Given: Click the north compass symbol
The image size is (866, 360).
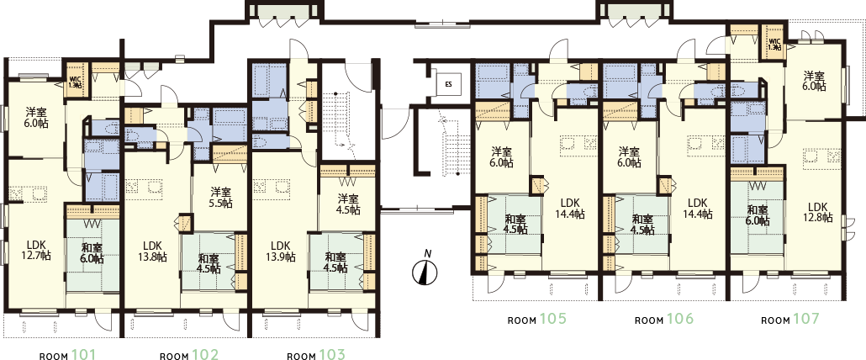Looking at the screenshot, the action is point(425,271).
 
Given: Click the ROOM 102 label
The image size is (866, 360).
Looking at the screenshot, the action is point(189,354).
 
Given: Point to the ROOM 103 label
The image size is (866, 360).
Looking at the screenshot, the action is point(316,354).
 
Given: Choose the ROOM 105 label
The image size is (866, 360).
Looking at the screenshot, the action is point(537,319).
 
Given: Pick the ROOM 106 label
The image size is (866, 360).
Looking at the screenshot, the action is point(664,319).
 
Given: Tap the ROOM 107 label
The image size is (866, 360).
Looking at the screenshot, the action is point(790,319).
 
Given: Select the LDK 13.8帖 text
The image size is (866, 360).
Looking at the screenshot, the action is point(151,251).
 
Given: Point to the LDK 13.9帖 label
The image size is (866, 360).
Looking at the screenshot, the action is point(279,251).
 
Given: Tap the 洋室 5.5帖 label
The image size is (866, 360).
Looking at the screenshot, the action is point(220,197).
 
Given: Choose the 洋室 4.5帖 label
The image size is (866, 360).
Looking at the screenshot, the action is point(348,204).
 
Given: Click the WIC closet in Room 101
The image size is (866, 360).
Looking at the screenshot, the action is point(75,81).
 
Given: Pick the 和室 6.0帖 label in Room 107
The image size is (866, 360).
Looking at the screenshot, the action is point(758,216).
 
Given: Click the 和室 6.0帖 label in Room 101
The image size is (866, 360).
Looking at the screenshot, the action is point(92,252).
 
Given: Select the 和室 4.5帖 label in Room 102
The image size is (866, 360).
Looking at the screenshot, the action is point(209,262).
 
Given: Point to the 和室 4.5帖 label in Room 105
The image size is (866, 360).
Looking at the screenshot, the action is point(516,225).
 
